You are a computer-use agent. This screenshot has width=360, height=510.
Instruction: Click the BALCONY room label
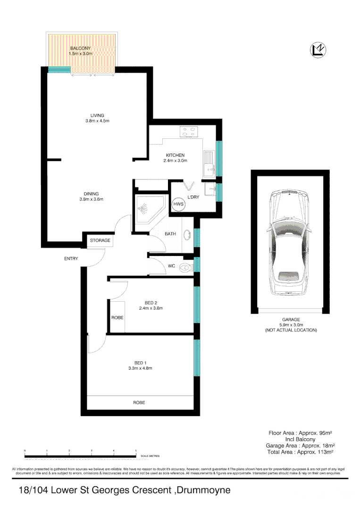80,48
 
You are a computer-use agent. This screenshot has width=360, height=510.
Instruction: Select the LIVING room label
97,115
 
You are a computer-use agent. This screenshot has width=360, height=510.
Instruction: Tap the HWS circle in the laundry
179,204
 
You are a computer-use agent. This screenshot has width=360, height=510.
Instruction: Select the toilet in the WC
187,267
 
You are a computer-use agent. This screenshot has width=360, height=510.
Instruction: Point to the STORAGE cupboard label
100,240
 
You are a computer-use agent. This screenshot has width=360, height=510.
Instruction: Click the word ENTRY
71,258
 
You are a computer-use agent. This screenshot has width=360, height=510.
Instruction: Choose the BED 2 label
151,303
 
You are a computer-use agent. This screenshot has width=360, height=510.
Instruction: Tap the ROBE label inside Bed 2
117,318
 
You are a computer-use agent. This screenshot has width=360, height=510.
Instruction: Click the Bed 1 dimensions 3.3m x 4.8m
140,368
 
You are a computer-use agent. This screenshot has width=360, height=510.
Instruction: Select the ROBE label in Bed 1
139,403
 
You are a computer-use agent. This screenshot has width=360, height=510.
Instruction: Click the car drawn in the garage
289,241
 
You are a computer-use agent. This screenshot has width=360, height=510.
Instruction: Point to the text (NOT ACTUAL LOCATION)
291,330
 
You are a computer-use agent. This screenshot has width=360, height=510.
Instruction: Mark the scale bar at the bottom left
81,456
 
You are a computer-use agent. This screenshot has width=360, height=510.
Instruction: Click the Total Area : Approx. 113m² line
300,451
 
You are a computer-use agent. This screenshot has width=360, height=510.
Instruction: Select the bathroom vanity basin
187,234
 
